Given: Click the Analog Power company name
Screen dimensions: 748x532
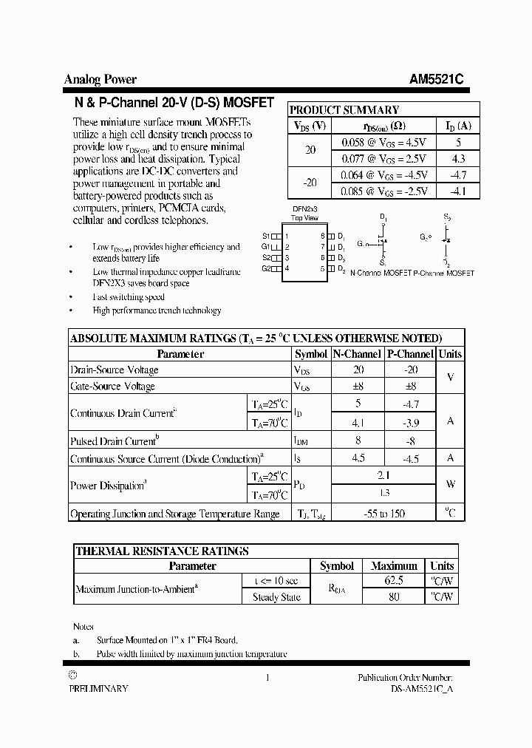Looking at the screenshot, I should (100, 80).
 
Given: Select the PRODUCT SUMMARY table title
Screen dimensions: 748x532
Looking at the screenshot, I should (344, 109).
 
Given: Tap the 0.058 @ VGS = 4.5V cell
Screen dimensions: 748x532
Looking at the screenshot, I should (384, 141).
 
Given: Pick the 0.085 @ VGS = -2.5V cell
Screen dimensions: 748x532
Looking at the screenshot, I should (384, 191).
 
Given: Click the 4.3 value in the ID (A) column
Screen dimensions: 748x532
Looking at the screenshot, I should (458, 158).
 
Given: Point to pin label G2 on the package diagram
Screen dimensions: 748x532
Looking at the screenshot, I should (266, 268).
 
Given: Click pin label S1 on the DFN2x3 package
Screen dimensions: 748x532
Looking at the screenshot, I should (266, 236).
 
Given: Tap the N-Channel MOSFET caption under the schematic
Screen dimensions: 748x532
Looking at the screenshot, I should (380, 273).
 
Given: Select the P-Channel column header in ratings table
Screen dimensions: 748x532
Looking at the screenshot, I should (410, 354).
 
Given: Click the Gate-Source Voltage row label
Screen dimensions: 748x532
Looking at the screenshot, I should (112, 386).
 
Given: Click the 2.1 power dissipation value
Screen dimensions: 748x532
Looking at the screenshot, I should (383, 476).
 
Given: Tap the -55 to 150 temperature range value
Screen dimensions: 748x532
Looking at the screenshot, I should (383, 514).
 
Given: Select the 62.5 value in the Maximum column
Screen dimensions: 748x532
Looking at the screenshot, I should (394, 582).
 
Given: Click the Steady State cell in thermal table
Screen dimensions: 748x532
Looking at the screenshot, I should (276, 597).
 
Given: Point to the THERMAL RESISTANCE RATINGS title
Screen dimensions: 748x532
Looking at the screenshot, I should (162, 551).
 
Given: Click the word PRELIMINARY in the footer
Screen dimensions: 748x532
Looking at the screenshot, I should (98, 688).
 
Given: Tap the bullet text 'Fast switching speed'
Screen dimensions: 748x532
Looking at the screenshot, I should (129, 296).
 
